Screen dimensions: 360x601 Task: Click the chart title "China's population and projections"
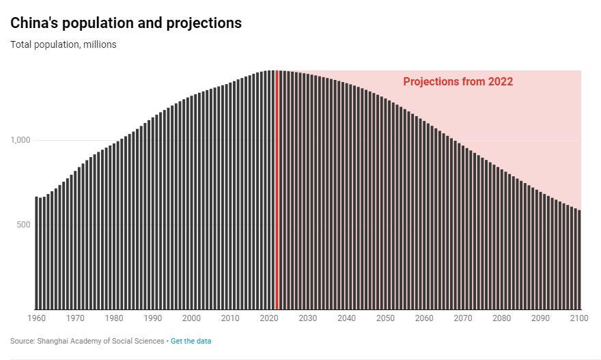pyautogui.click(x=126, y=23)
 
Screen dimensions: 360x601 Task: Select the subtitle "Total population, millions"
pyautogui.click(x=64, y=45)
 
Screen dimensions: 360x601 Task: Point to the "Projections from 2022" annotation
pyautogui.click(x=458, y=82)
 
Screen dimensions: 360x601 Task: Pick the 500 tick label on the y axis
pyautogui.click(x=25, y=225)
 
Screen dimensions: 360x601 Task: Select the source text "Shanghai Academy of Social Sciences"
pyautogui.click(x=100, y=341)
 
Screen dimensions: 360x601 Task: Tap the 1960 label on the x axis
pyautogui.click(x=36, y=318)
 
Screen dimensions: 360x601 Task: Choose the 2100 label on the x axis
pyautogui.click(x=579, y=318)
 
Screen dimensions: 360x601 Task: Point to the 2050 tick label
pyautogui.click(x=385, y=318)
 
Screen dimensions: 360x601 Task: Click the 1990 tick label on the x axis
pyautogui.click(x=152, y=318)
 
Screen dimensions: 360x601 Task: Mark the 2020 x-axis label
pyautogui.click(x=269, y=318)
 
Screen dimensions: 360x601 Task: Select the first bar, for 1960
pyautogui.click(x=36, y=253)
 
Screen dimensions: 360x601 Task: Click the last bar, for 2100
pyautogui.click(x=579, y=260)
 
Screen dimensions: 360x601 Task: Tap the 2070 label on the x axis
pyautogui.click(x=463, y=318)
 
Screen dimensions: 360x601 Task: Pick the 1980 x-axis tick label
pyautogui.click(x=114, y=318)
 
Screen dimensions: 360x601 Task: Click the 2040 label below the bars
pyautogui.click(x=346, y=318)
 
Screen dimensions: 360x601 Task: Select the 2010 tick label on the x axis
pyautogui.click(x=230, y=318)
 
